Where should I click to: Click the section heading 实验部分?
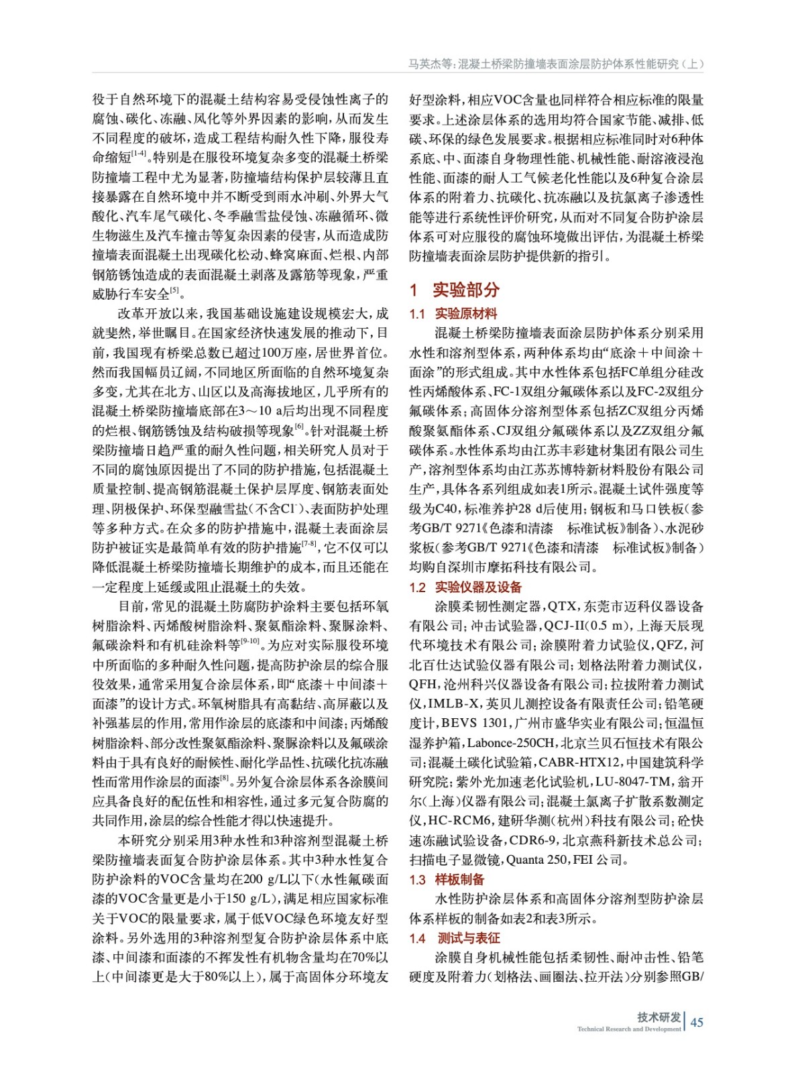click(x=465, y=290)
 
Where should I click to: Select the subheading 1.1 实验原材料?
click(x=453, y=313)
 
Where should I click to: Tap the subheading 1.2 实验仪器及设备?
click(x=465, y=587)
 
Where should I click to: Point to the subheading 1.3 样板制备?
click(x=447, y=880)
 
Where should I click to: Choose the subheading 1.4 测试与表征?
click(x=455, y=938)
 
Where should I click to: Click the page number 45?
click(x=697, y=1022)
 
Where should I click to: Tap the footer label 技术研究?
click(x=659, y=1017)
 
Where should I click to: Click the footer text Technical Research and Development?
click(x=628, y=1029)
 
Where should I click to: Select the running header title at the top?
click(x=556, y=64)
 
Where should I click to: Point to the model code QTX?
click(x=562, y=607)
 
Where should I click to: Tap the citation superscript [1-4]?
click(x=139, y=154)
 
